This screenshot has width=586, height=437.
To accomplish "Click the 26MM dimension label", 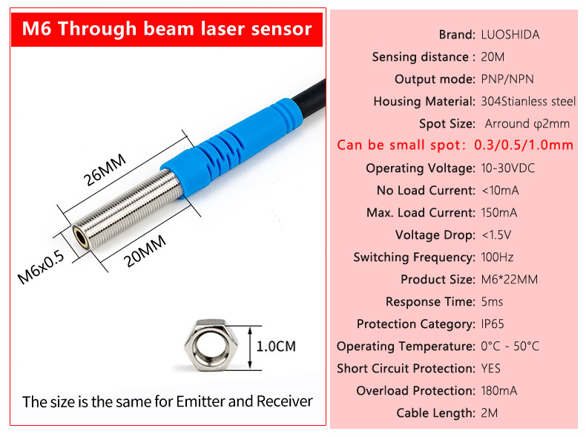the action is pos(105,170).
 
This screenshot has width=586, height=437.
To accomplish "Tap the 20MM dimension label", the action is pos(145,251).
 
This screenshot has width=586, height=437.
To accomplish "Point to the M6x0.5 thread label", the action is pos(41,267).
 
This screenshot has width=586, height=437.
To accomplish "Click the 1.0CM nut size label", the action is pos(276,346).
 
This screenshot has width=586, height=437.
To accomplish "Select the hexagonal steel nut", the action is pos(211,345).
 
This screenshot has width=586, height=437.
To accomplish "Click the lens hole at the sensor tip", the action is pos(81,237).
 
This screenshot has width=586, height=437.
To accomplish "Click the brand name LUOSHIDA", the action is pos(510,35).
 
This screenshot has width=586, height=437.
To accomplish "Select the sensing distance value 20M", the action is pos(493,57).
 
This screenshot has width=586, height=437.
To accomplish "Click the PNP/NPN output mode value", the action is pos(507,79).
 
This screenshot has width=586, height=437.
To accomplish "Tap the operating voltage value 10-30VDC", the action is pos(507,168).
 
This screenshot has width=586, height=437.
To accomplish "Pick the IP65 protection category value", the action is pos(493,323).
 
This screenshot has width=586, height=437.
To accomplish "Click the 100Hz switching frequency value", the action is pos(497,257).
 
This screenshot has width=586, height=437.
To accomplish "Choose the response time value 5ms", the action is pos(492,302).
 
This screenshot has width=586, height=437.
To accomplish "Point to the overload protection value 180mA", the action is pos(499,391).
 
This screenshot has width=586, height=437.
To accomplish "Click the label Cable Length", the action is pos(435,413).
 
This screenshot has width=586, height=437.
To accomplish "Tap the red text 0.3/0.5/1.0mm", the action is pos(524,145).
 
